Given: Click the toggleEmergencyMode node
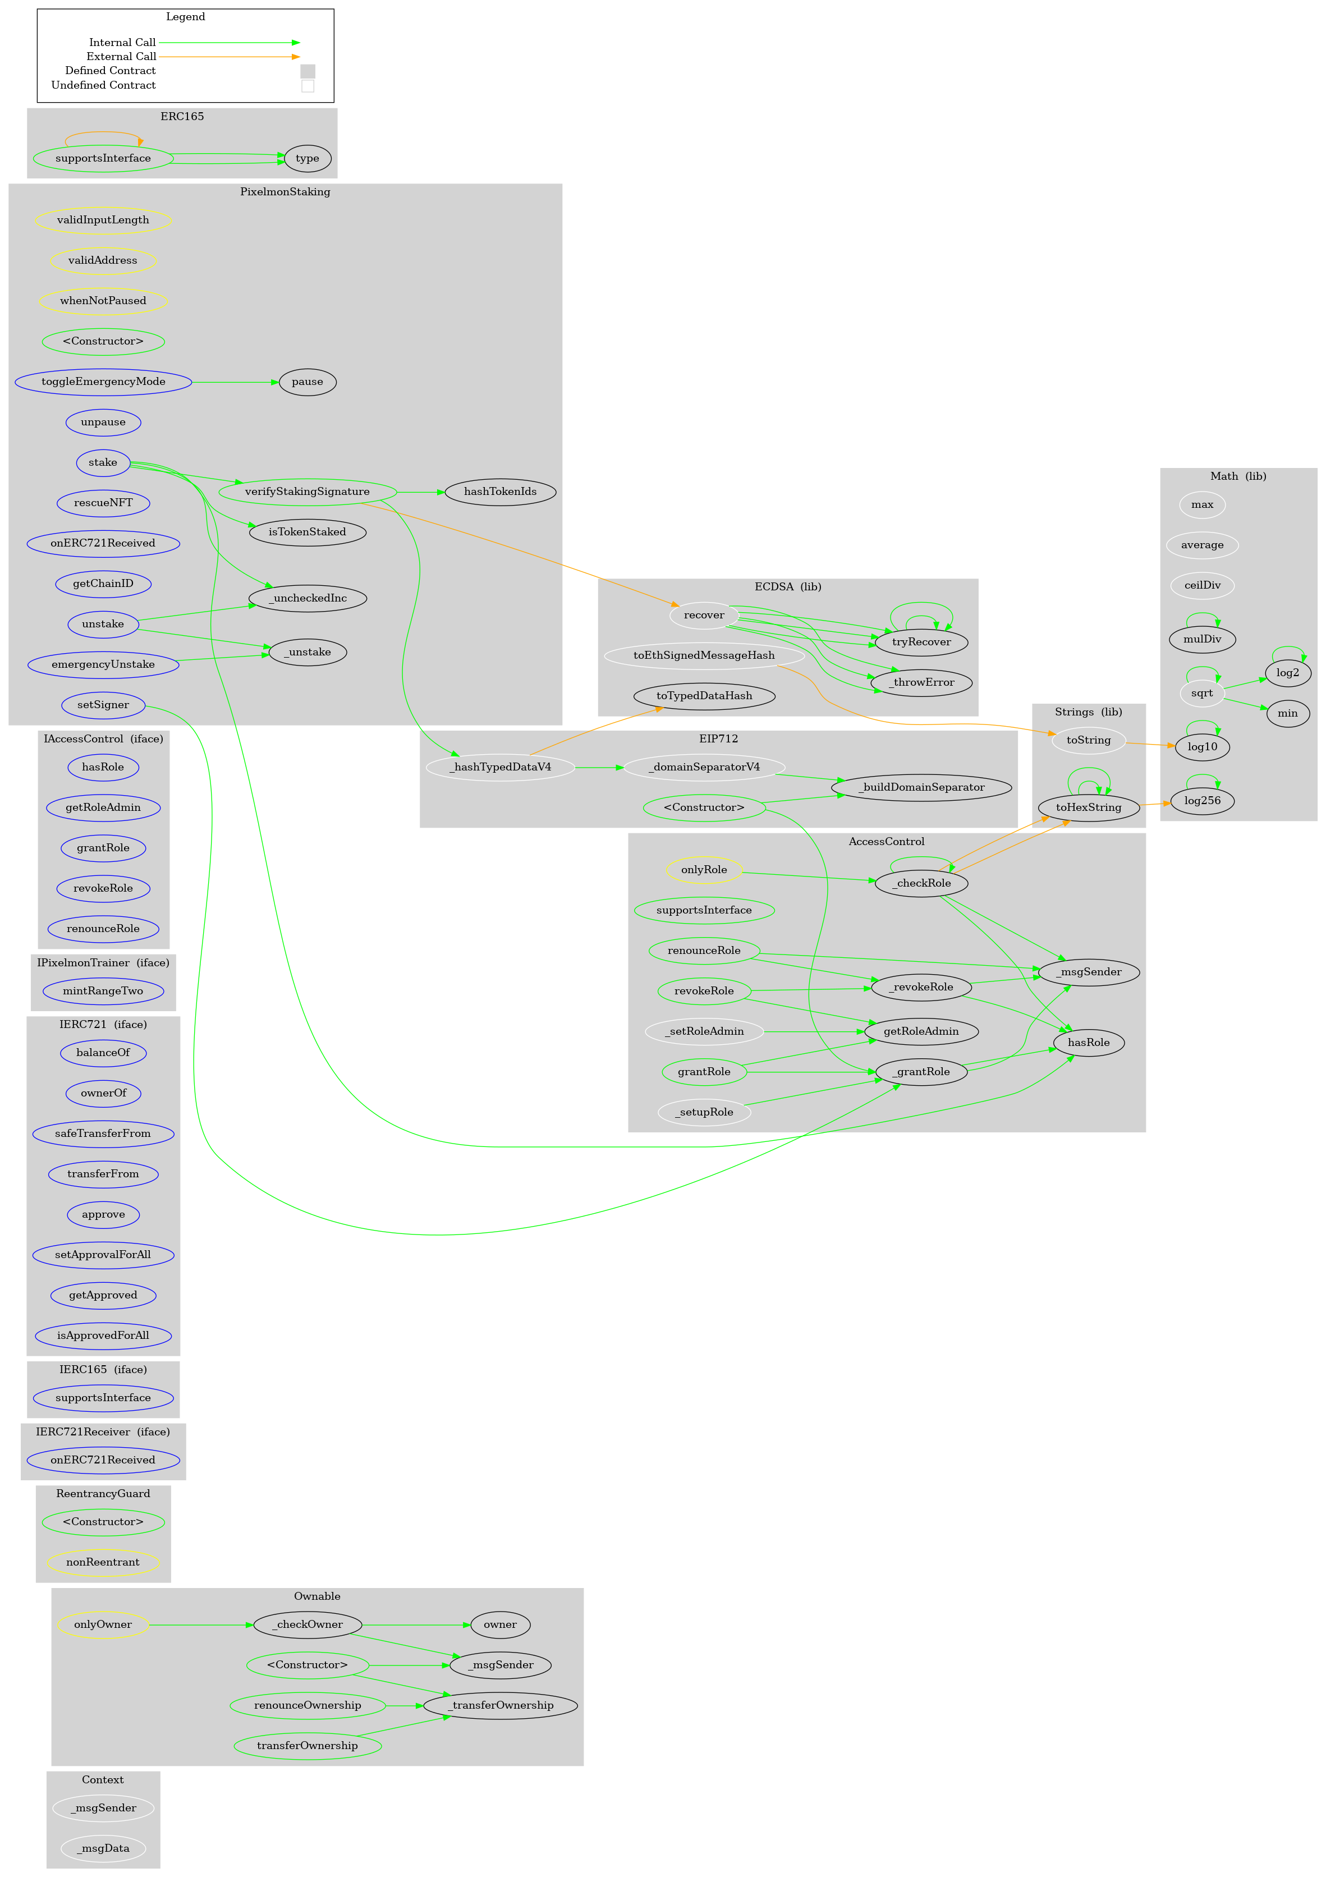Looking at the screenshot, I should pyautogui.click(x=103, y=382).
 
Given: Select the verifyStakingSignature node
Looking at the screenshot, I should pyautogui.click(x=308, y=492).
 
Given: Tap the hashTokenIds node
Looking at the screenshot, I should pyautogui.click(x=499, y=492).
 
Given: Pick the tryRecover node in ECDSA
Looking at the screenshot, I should pyautogui.click(x=921, y=643).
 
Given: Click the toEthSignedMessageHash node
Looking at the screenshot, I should pyautogui.click(x=704, y=655).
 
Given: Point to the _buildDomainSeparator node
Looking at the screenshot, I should pyautogui.click(x=921, y=788).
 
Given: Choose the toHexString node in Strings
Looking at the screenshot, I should pyautogui.click(x=1088, y=807).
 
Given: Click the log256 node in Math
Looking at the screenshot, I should pyautogui.click(x=1202, y=801).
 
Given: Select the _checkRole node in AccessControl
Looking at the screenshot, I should pyautogui.click(x=921, y=884).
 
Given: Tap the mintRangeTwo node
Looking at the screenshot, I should pyautogui.click(x=103, y=992).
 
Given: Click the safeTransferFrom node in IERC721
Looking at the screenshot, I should pyautogui.click(x=103, y=1134).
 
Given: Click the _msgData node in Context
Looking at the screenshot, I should pyautogui.click(x=103, y=1848).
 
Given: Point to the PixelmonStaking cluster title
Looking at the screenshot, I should pyautogui.click(x=285, y=192).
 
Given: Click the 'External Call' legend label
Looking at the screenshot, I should pyautogui.click(x=121, y=57).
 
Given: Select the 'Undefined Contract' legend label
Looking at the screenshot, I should pyautogui.click(x=103, y=86).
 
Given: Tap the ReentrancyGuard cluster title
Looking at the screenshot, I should pyautogui.click(x=103, y=1494).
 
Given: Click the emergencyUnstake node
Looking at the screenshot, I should pyautogui.click(x=103, y=664).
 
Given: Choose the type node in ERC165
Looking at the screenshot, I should pyautogui.click(x=308, y=159).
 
